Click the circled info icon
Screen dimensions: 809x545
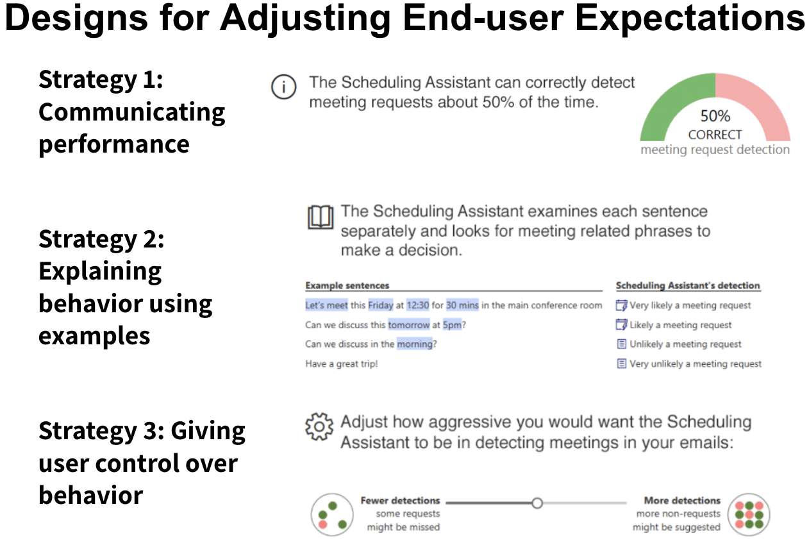284,87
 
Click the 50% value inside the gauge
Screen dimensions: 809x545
715,116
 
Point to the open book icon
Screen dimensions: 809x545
321,217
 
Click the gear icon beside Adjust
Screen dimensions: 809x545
319,427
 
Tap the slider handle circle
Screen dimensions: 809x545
537,503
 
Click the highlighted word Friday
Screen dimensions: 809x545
381,305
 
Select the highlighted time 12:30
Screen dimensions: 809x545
418,305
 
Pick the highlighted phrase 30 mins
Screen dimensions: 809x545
462,305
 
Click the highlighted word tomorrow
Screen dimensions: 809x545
409,324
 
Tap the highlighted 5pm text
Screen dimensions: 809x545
452,324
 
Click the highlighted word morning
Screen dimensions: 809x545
415,344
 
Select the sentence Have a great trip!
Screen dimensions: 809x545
341,364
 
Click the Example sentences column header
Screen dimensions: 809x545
347,285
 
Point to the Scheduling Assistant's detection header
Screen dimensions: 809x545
688,285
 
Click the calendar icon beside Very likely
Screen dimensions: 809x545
621,305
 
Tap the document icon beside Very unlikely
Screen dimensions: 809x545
621,364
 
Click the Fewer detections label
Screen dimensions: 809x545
400,501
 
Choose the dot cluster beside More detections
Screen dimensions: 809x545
749,514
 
